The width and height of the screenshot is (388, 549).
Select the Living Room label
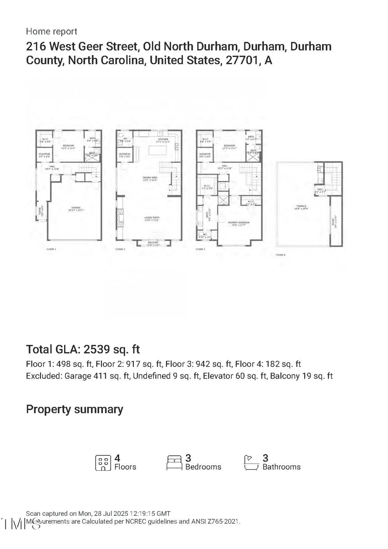(x=152, y=218)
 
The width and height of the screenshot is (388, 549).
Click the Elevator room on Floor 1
(x=45, y=155)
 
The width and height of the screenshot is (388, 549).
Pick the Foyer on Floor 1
(x=41, y=212)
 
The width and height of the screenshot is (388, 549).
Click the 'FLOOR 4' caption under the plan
(x=281, y=255)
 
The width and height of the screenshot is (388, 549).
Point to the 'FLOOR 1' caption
(x=51, y=249)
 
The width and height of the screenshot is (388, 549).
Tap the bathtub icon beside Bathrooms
(x=250, y=462)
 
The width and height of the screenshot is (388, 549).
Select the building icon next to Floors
(x=102, y=462)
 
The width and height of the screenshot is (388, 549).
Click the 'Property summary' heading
(x=74, y=409)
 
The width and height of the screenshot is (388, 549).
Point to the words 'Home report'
(x=51, y=32)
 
